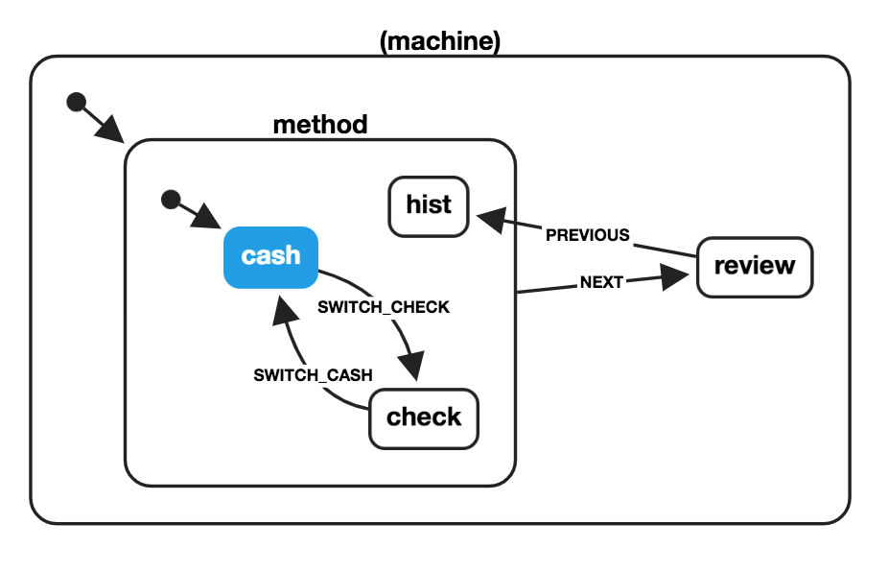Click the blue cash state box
(270, 256)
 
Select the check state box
(423, 417)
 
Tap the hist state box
(428, 205)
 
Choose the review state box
(754, 265)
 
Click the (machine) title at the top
(440, 41)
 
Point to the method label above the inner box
(320, 125)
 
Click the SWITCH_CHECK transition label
(384, 308)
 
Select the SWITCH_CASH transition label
(313, 375)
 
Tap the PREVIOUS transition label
(587, 235)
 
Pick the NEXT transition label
(601, 282)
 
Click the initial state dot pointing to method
(76, 103)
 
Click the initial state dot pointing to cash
(171, 200)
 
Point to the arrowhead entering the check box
(412, 369)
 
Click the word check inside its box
(423, 417)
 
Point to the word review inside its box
(754, 265)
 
